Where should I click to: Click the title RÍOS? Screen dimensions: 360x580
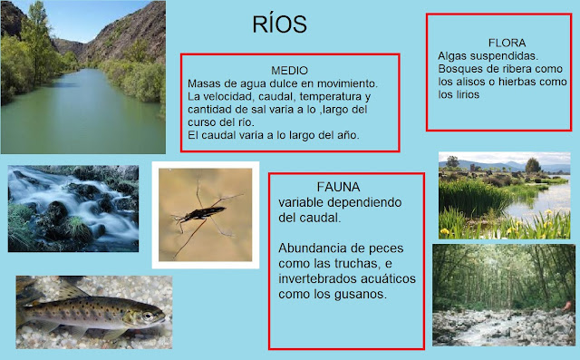pyautogui.click(x=280, y=24)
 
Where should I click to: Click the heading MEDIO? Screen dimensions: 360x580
pyautogui.click(x=289, y=70)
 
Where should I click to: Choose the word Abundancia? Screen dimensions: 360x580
pyautogui.click(x=314, y=248)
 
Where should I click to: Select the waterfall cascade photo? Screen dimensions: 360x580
pyautogui.click(x=73, y=208)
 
